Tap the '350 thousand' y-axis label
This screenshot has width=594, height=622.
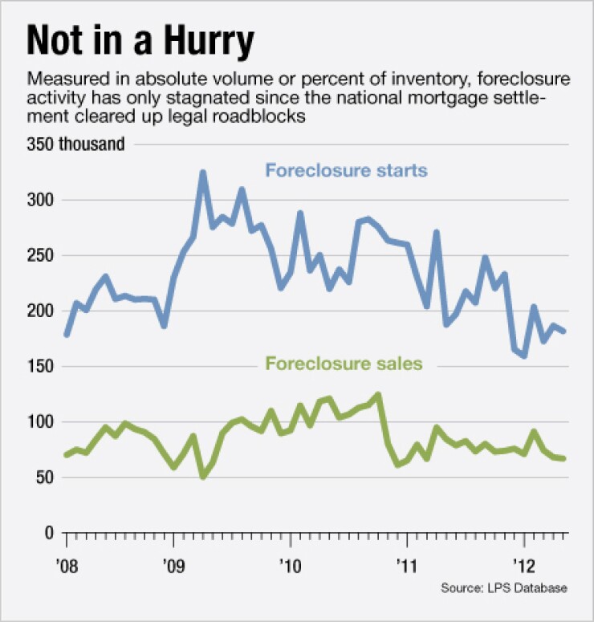(x=75, y=145)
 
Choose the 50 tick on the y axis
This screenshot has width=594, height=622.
(x=47, y=478)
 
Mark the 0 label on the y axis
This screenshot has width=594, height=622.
(x=51, y=533)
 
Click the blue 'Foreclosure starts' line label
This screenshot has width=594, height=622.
(x=346, y=171)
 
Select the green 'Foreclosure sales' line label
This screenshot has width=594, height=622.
(x=344, y=364)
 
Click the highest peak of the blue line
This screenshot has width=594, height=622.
(x=202, y=172)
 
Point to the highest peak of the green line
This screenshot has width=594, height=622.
(x=378, y=394)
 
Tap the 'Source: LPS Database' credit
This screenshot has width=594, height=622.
(x=503, y=588)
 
